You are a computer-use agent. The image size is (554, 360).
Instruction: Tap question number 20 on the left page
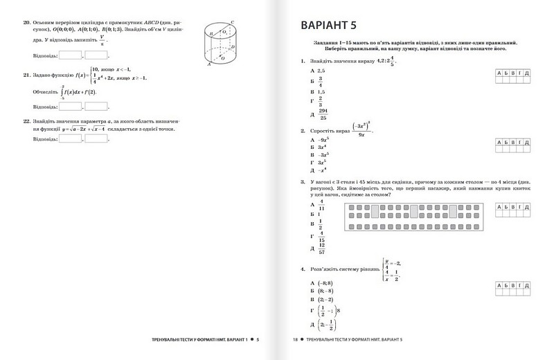click(x=26, y=23)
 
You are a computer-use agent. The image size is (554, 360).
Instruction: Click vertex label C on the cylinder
click(x=233, y=22)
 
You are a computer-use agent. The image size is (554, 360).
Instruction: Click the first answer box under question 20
click(x=70, y=55)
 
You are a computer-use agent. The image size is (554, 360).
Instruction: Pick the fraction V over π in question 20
click(x=102, y=41)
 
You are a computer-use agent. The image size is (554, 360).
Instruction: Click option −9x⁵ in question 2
click(x=323, y=139)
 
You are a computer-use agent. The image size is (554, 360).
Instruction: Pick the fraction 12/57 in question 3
click(x=323, y=249)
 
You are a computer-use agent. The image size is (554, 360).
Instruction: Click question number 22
click(x=26, y=120)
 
